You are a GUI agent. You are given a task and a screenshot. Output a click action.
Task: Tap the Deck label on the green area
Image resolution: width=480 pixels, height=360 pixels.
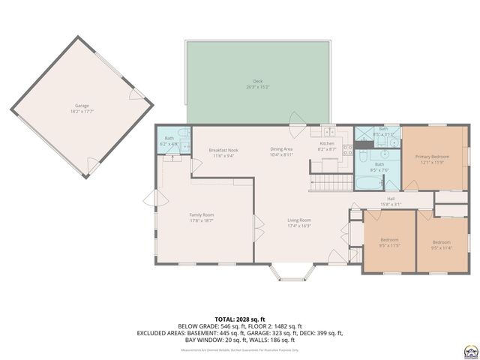point(257,82)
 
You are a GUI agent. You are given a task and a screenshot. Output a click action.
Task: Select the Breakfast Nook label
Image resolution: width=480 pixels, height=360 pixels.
point(221,152)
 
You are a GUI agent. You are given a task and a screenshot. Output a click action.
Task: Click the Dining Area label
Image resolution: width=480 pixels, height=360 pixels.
point(281,151)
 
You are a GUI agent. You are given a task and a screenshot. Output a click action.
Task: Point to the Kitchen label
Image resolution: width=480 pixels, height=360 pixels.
point(327,145)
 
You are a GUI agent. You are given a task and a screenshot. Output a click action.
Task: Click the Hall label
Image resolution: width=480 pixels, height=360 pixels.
point(391,200)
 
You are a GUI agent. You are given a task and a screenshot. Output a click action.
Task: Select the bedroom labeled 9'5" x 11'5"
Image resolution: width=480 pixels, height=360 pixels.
point(388,242)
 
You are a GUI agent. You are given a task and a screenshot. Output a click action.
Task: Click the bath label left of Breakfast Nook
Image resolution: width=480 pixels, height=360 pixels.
point(170,141)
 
